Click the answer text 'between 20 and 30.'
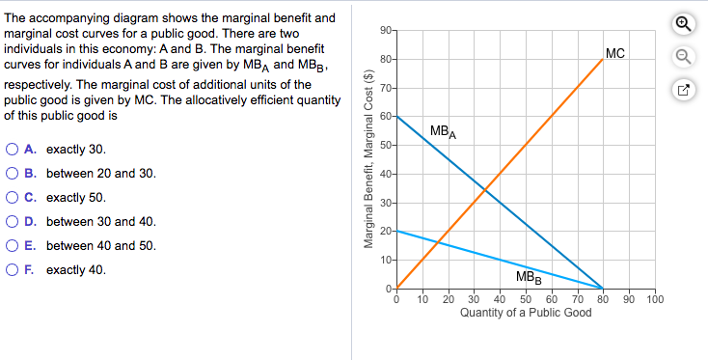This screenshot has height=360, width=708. click(87, 174)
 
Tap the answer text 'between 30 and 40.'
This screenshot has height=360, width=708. click(87, 222)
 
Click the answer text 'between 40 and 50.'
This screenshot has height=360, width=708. click(87, 245)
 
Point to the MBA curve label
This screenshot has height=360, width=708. click(444, 130)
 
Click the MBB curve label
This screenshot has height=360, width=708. click(528, 278)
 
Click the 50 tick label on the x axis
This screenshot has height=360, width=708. click(526, 299)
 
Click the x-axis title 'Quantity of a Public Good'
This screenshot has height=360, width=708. click(526, 313)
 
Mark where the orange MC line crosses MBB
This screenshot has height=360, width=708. click(437, 241)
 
